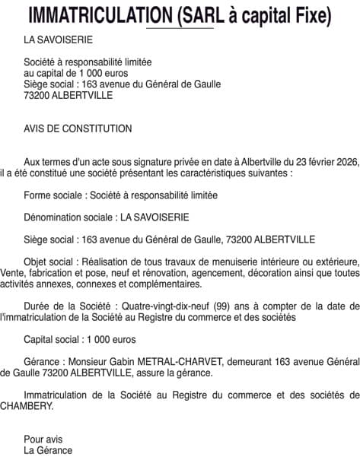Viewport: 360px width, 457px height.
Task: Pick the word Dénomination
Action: [x=54, y=217]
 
